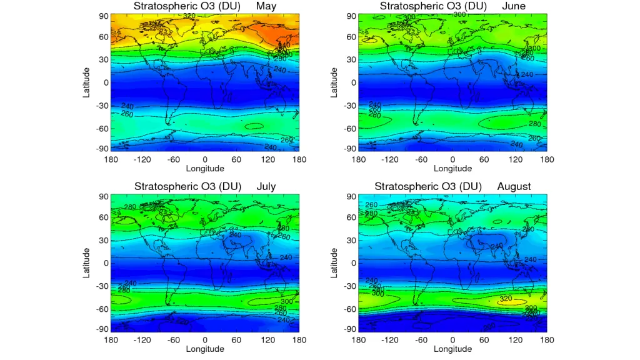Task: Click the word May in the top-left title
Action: pyautogui.click(x=265, y=6)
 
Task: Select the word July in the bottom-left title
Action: pyautogui.click(x=266, y=186)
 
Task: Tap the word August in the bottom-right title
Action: pyautogui.click(x=514, y=186)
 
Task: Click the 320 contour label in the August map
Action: pyautogui.click(x=506, y=299)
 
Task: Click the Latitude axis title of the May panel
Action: pyautogui.click(x=87, y=82)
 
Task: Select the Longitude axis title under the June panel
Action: pyautogui.click(x=452, y=168)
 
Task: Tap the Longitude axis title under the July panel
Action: pyautogui.click(x=204, y=349)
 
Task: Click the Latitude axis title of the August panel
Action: pyautogui.click(x=334, y=262)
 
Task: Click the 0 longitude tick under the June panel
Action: pyautogui.click(x=452, y=159)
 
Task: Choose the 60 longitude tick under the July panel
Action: pyautogui.click(x=236, y=340)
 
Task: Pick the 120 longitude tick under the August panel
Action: pyautogui.click(x=516, y=340)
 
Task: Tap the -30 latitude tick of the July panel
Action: pyautogui.click(x=100, y=286)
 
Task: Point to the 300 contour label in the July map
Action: pyautogui.click(x=287, y=301)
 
